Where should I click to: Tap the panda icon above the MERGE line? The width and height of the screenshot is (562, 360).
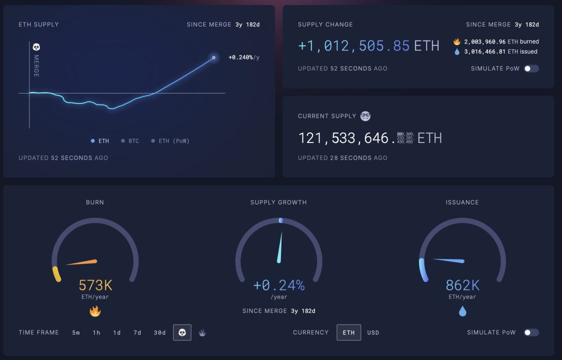[x=36, y=47]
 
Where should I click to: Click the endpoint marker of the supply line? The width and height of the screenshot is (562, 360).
[x=213, y=57]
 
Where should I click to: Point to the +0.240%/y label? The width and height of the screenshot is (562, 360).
[x=244, y=57]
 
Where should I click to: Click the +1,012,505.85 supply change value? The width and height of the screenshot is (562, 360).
[x=354, y=46]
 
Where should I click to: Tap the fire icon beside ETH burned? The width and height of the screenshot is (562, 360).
[x=457, y=41]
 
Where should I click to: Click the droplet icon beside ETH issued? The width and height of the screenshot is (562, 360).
[x=457, y=51]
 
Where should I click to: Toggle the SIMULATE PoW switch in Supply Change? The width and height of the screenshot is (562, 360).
[x=531, y=68]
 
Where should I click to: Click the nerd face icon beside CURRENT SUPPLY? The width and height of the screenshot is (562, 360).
[x=365, y=116]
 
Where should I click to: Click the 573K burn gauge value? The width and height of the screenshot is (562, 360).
[x=95, y=285]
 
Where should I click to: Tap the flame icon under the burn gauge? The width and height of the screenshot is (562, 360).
[x=95, y=311]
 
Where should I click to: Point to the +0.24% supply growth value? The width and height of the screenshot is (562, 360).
[x=278, y=285]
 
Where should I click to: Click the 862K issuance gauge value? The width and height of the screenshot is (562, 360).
[x=462, y=285]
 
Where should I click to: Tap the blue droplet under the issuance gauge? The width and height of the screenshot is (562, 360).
[x=462, y=311]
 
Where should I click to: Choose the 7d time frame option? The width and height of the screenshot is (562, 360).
[x=137, y=332]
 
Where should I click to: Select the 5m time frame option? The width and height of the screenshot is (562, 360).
[x=76, y=332]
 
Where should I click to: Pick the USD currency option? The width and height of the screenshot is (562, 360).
[x=373, y=332]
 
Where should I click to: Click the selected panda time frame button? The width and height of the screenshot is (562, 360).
[x=182, y=332]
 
